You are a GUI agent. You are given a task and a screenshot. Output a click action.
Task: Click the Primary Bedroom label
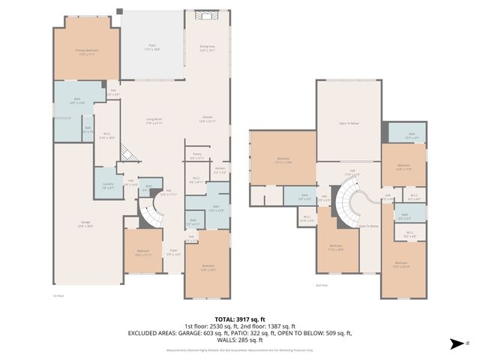pyautogui.click(x=86, y=52)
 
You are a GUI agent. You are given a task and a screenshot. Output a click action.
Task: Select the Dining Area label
pyautogui.click(x=208, y=48)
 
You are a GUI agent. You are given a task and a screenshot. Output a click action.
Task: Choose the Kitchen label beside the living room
pyautogui.click(x=208, y=118)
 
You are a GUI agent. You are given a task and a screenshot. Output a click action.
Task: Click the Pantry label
pyautogui.click(x=196, y=158)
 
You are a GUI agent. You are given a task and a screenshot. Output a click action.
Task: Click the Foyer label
pyautogui.click(x=173, y=253)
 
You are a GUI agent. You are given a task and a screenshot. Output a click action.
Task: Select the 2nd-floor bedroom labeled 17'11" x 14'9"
pyautogui.click(x=283, y=160)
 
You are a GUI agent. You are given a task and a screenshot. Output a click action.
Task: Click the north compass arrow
pyautogui.click(x=454, y=344)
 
